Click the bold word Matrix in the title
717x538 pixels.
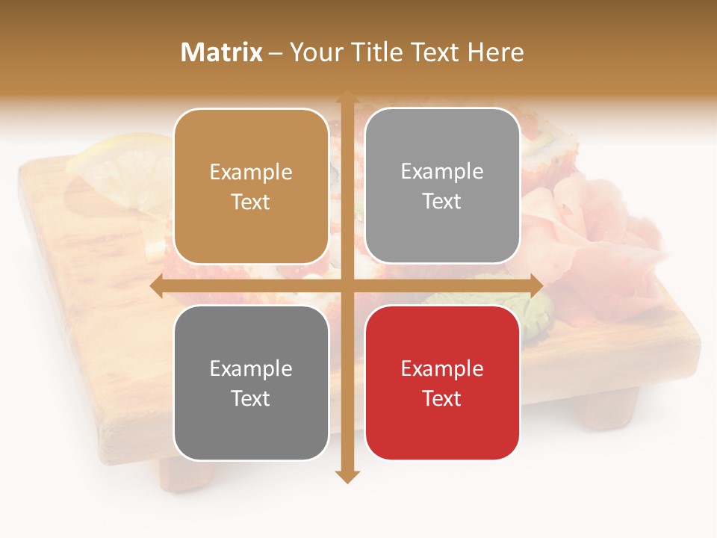coord(222,52)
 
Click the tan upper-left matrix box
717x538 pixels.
coord(251,187)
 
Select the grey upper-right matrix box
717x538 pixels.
coord(442,186)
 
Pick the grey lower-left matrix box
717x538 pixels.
coord(251,383)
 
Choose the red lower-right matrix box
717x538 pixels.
coord(442,383)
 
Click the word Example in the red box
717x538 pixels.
coord(442,368)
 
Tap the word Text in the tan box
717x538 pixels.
coord(251,202)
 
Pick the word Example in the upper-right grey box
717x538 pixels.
coord(442,172)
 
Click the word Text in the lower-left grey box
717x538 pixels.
coord(251,398)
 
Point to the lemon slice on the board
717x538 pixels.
coord(119,164)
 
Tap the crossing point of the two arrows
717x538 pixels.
coord(347,286)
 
